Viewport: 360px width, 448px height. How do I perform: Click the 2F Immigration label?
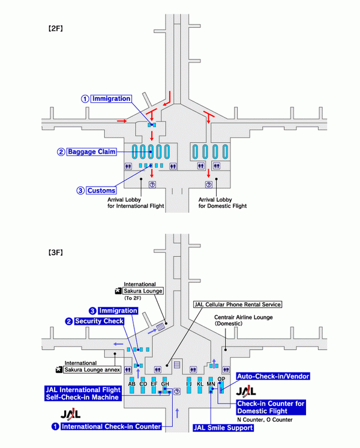pyautogui.click(x=111, y=98)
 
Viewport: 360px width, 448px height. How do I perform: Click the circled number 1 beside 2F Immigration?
pyautogui.click(x=85, y=98)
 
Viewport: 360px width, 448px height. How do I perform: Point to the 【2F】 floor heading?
pyautogui.click(x=56, y=28)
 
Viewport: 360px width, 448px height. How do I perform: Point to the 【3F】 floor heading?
pyautogui.click(x=56, y=252)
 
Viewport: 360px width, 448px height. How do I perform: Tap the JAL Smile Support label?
pyautogui.click(x=223, y=428)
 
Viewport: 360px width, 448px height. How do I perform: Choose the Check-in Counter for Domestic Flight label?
pyautogui.click(x=271, y=407)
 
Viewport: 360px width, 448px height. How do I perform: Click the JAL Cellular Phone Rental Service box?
pyautogui.click(x=237, y=304)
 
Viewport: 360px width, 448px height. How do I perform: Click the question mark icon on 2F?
pyautogui.click(x=152, y=185)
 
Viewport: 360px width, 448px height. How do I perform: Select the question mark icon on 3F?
pyautogui.click(x=176, y=391)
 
